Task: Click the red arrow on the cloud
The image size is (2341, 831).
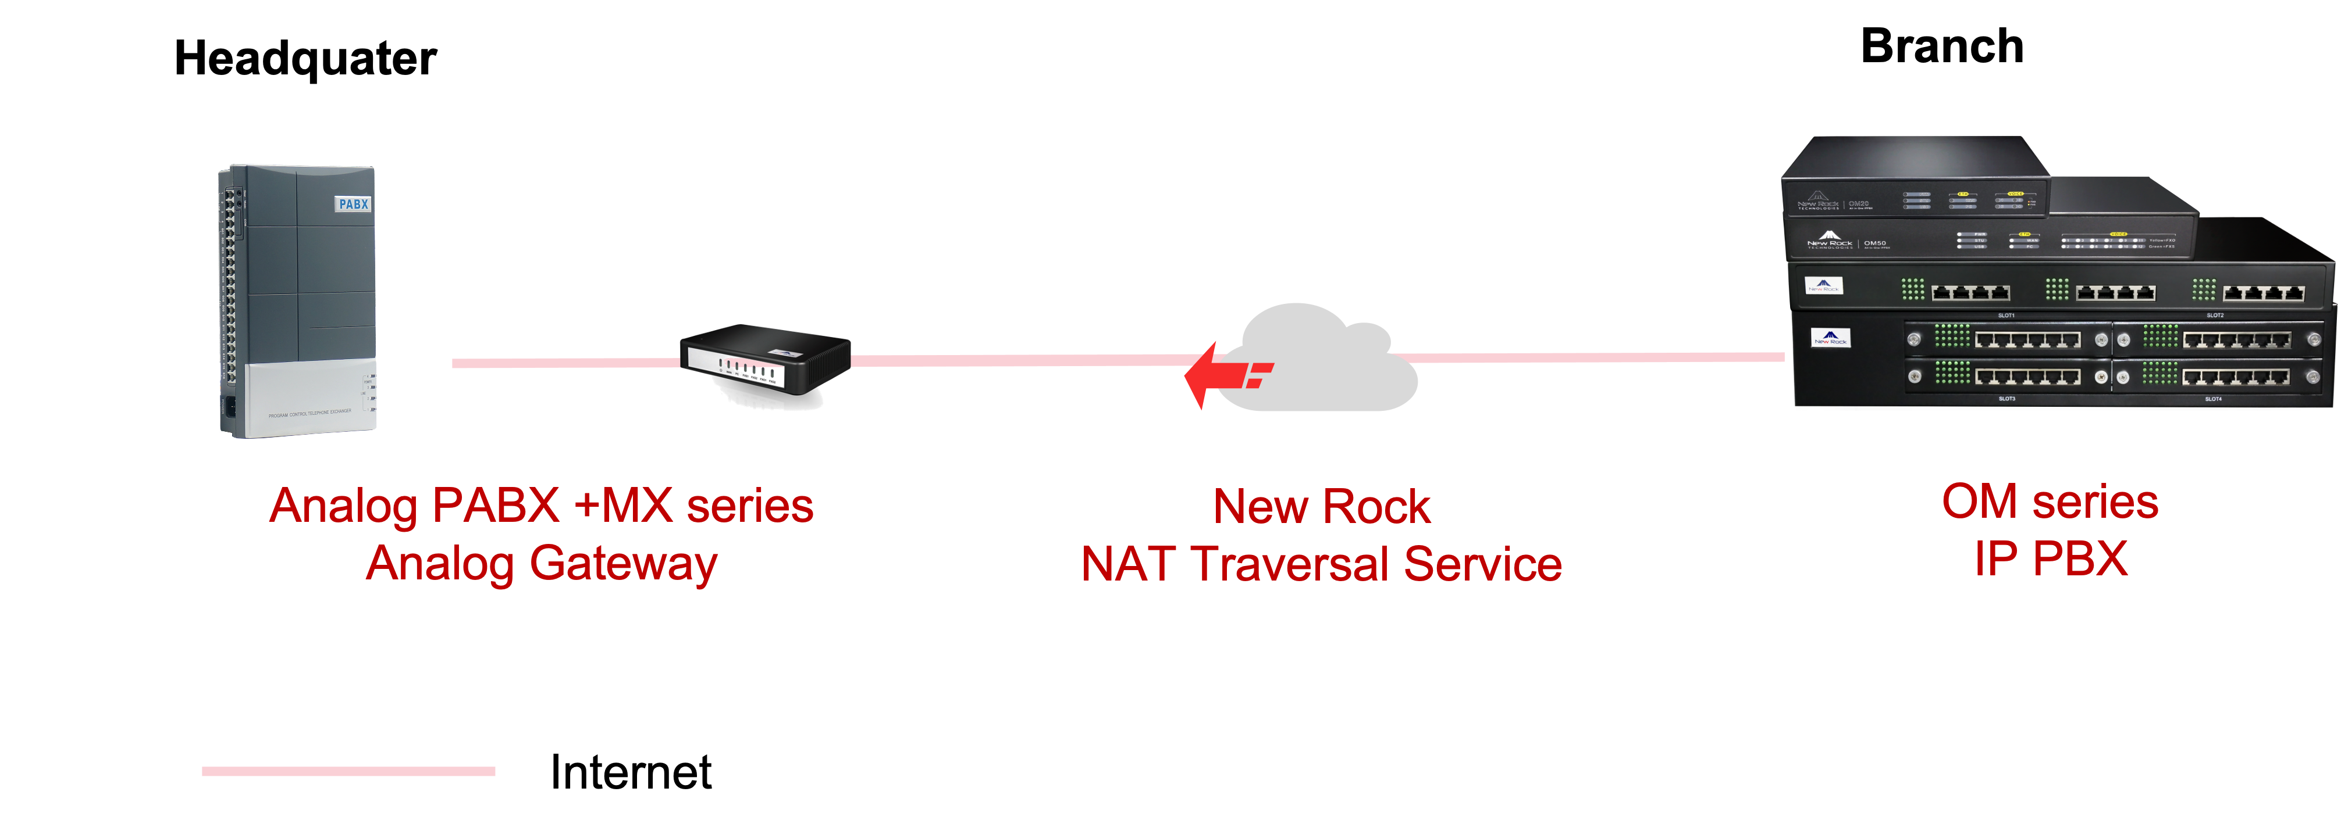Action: (x=1222, y=375)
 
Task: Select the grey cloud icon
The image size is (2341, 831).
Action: (x=1327, y=359)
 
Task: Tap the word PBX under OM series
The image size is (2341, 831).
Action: (x=2080, y=558)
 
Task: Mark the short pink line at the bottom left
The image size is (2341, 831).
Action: (x=348, y=771)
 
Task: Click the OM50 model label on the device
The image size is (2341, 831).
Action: (x=1875, y=243)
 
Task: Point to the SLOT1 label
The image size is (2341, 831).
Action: (x=2006, y=315)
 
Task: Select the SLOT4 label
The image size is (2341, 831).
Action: (x=2213, y=399)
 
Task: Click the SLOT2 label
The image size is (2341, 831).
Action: (x=2215, y=315)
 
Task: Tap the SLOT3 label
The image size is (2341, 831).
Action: (x=2006, y=399)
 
